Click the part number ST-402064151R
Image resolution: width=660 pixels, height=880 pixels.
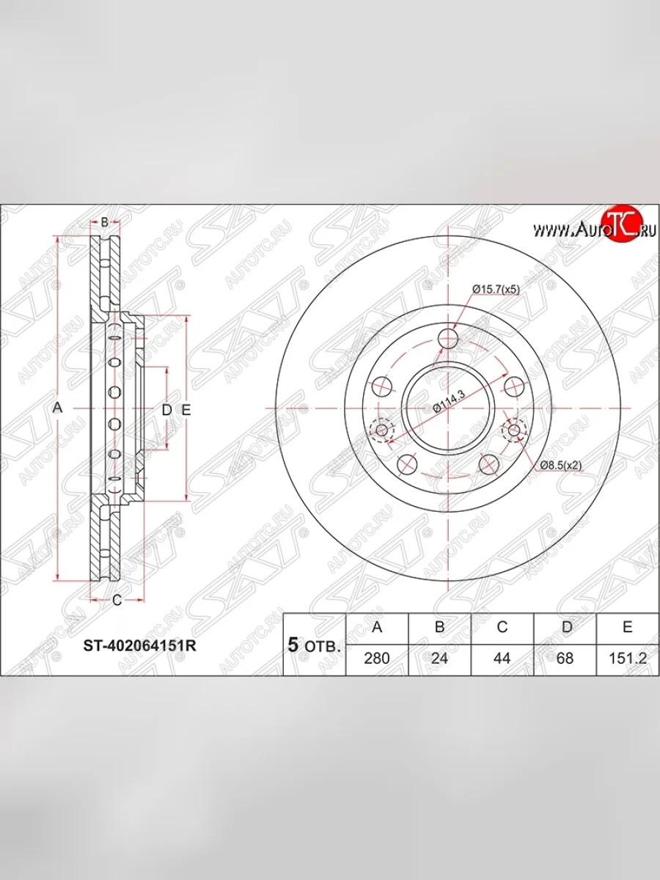(140, 646)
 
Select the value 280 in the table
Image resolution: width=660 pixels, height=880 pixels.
(377, 659)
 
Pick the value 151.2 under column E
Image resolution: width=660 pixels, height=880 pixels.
(628, 659)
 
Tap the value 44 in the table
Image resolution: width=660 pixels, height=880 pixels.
(502, 659)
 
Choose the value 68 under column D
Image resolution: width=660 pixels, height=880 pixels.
(565, 659)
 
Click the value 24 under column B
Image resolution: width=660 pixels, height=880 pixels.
(439, 659)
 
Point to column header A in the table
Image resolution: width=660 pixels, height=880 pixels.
(377, 626)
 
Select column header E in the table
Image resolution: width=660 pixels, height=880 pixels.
(628, 626)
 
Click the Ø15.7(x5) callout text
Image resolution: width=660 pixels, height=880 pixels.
(496, 289)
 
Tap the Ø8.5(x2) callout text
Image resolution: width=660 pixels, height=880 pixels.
(560, 465)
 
